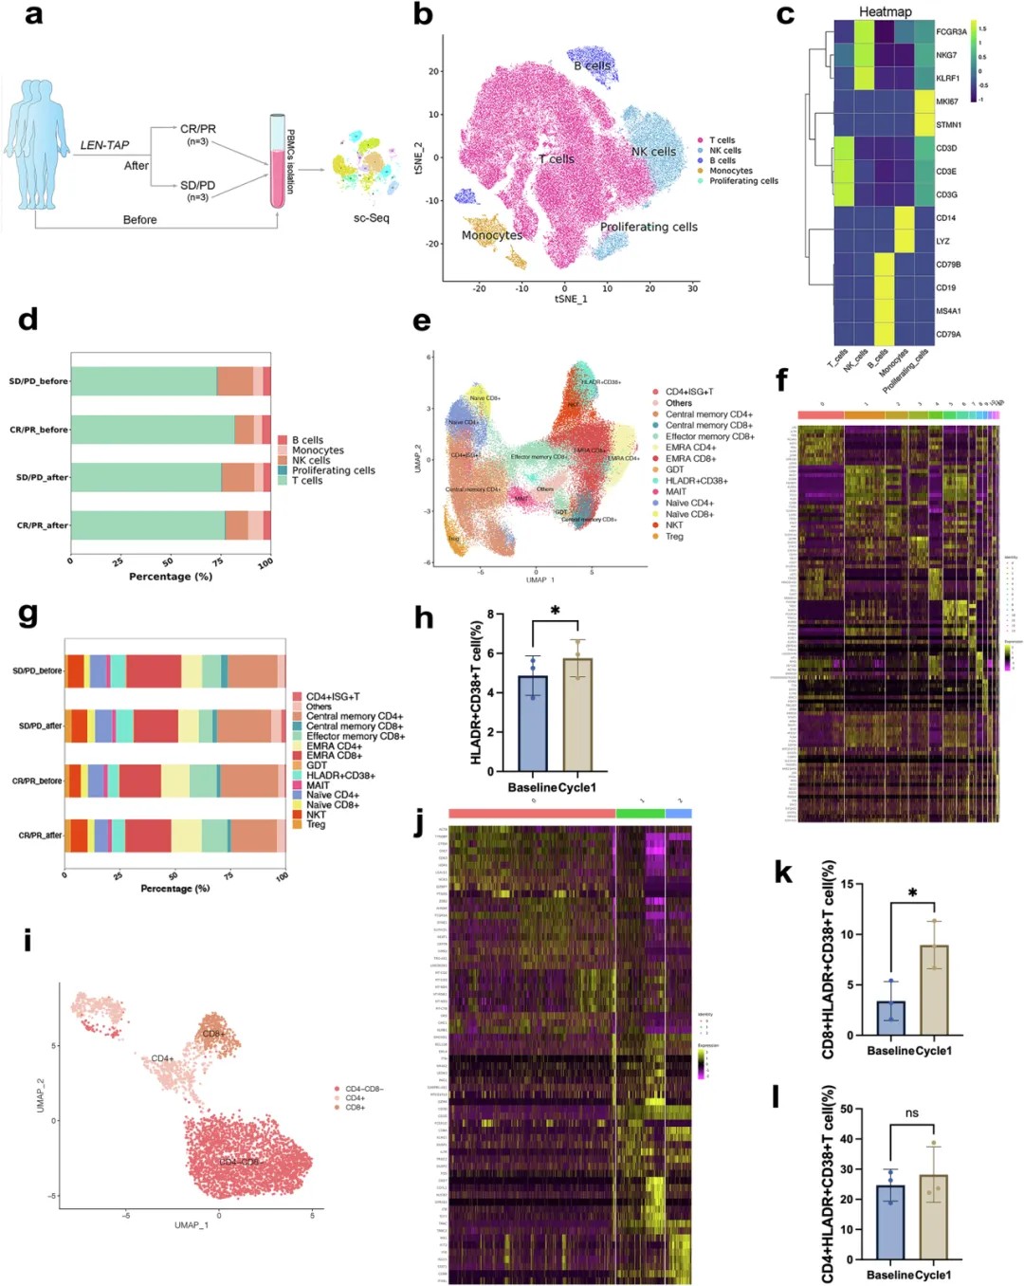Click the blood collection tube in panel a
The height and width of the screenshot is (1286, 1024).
point(278,161)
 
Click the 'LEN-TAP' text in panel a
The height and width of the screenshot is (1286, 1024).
point(104,145)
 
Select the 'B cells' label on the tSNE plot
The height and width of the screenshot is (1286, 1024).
point(593,65)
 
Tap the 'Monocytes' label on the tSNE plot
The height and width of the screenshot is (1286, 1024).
point(492,235)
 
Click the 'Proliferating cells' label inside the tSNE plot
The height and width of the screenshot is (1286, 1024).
point(649,228)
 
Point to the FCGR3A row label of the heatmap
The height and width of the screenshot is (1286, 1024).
point(951,32)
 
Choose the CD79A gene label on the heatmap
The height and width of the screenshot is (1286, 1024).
point(948,334)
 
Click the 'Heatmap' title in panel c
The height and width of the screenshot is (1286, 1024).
point(885,11)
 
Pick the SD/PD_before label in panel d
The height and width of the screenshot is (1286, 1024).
point(39,381)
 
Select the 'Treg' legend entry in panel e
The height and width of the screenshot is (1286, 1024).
point(674,537)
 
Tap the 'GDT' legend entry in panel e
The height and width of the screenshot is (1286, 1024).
point(674,469)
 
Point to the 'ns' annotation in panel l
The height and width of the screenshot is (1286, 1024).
point(911,1113)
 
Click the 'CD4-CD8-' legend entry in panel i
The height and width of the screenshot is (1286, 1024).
point(364,1089)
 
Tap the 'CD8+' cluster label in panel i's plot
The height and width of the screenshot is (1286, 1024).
point(213,1033)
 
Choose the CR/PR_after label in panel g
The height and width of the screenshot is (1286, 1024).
point(41,836)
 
